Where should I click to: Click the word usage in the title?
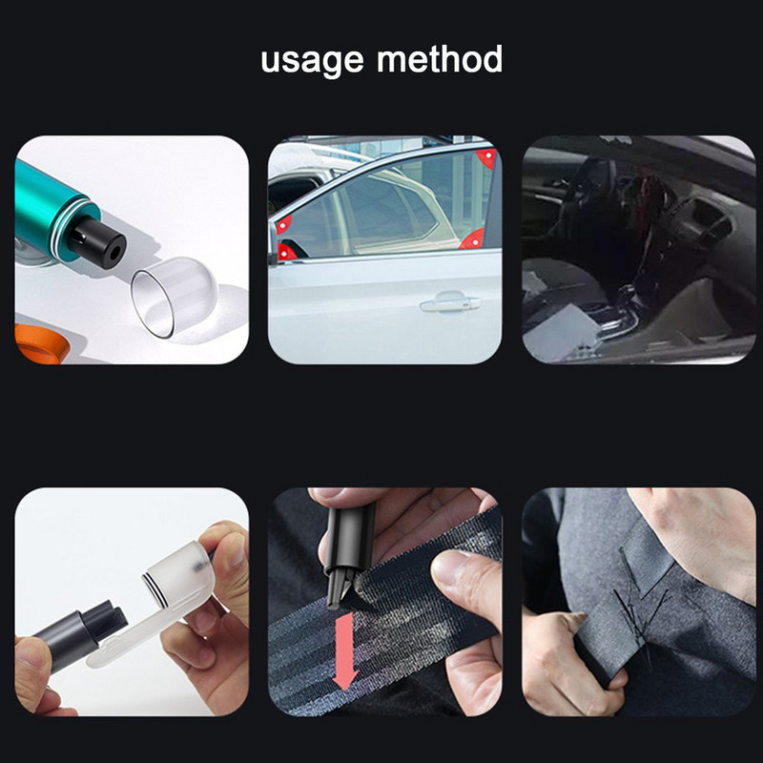pos(313,61)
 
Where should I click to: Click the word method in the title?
pos(440,59)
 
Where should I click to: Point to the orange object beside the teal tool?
pos(41,344)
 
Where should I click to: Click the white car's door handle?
pos(450,302)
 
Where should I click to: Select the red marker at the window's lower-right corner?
pos(474,239)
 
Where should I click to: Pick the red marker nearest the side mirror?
pos(285,252)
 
